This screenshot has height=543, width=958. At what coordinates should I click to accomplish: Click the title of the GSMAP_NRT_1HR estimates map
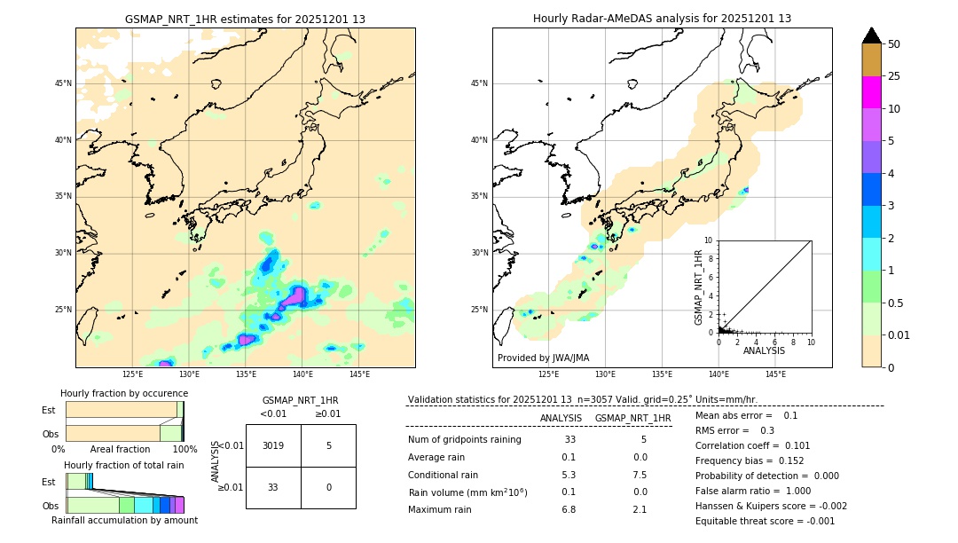click(245, 19)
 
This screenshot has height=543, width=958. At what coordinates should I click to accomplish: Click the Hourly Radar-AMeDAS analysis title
click(662, 19)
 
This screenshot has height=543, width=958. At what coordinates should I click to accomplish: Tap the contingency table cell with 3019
click(273, 445)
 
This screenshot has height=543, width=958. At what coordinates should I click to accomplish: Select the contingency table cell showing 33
click(273, 487)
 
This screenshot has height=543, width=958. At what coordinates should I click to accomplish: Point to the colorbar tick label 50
click(894, 44)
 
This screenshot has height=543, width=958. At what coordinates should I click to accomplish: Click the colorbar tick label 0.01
click(899, 334)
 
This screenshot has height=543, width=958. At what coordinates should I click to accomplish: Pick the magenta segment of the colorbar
click(871, 92)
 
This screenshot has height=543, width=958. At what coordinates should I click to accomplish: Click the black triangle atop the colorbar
click(871, 35)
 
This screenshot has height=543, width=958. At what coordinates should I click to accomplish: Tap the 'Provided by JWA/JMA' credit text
click(543, 358)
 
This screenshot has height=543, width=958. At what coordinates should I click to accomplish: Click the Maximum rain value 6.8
click(569, 509)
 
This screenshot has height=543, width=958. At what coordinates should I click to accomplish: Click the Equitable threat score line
click(765, 521)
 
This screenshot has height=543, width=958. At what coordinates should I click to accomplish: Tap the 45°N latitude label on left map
click(63, 83)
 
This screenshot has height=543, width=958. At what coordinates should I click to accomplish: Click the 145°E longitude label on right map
click(775, 374)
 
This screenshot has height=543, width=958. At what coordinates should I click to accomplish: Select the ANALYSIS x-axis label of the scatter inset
click(764, 350)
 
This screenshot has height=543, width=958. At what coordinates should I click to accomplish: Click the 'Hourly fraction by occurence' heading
click(124, 393)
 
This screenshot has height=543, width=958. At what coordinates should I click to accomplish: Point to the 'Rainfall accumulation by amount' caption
click(124, 520)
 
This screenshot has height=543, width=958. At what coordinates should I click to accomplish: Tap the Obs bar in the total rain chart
click(124, 505)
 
